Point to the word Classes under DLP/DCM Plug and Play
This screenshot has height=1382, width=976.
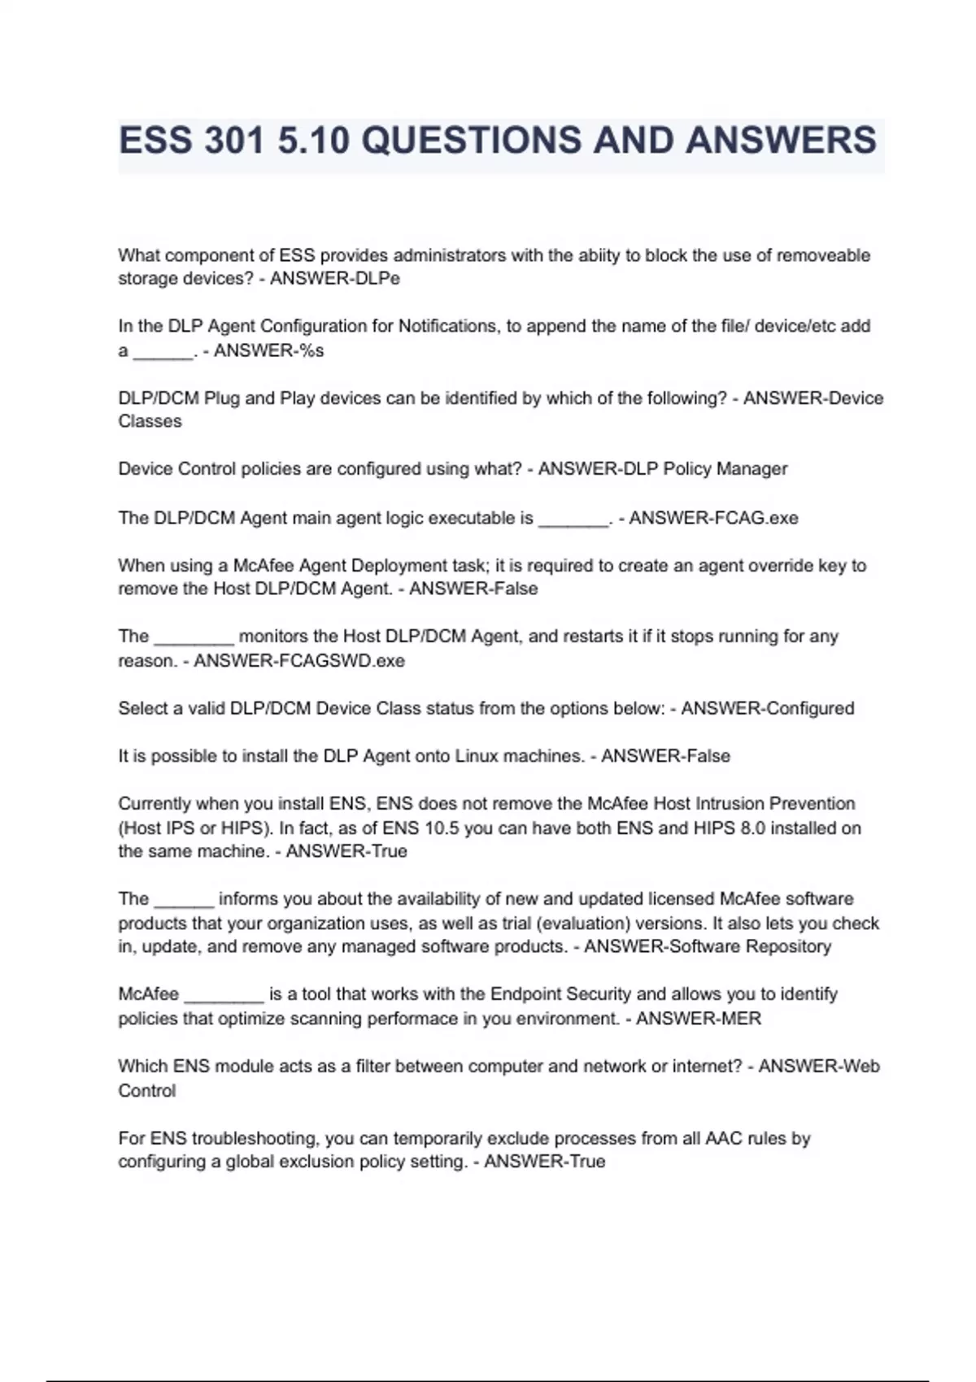pos(150,422)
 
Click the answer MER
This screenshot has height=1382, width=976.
pos(739,1019)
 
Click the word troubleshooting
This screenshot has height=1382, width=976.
pos(254,1138)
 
